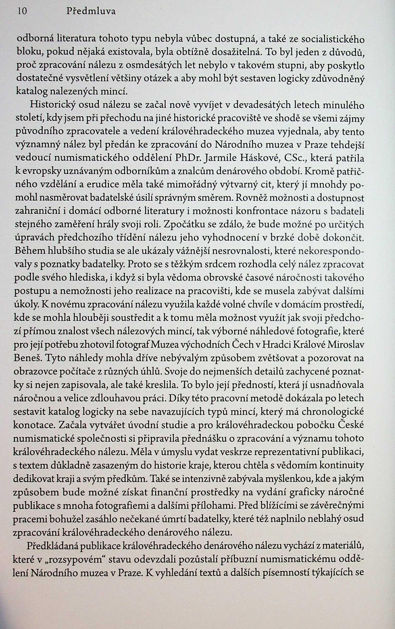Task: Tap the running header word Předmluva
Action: pyautogui.click(x=91, y=12)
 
